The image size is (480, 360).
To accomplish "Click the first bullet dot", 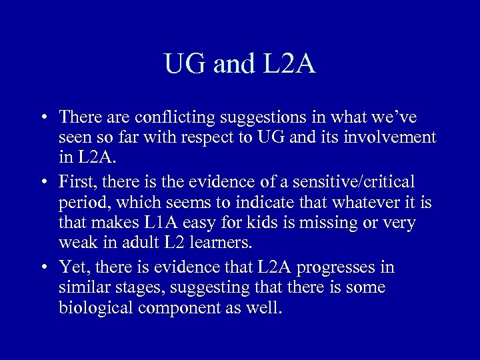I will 43,118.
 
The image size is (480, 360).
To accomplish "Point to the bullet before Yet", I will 43,268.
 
